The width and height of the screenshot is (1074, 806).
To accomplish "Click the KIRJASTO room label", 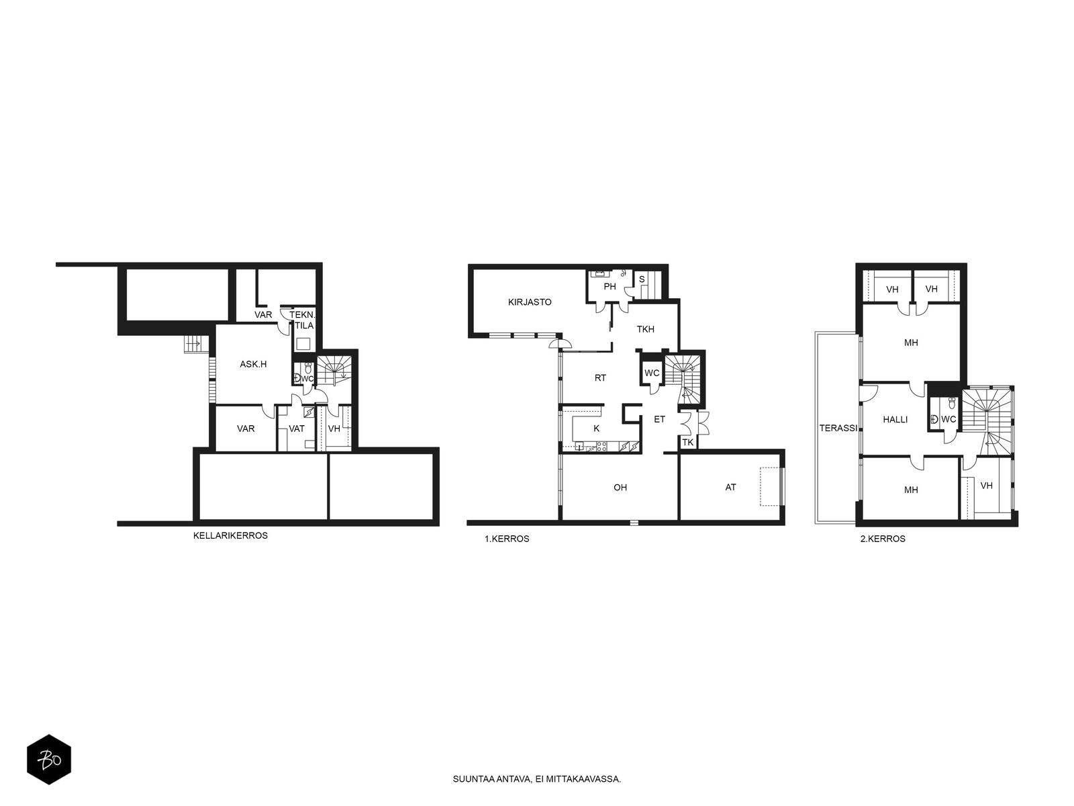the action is [x=530, y=302].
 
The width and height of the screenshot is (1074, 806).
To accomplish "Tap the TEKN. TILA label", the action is [x=302, y=320].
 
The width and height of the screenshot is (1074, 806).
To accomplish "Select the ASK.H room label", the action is [x=253, y=364].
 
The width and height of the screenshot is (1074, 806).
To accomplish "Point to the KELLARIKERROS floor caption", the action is [x=230, y=536].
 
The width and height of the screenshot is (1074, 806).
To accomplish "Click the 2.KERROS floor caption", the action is [x=883, y=539].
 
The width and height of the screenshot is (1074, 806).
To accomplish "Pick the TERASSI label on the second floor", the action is [x=838, y=429].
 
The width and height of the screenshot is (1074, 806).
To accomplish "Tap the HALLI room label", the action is [x=895, y=419].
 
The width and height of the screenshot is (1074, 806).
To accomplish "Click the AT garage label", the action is [x=730, y=488].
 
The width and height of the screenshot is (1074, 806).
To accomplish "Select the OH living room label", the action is [x=620, y=488].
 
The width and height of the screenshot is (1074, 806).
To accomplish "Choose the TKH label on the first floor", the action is [x=645, y=329].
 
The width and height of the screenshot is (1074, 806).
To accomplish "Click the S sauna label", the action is [x=642, y=279].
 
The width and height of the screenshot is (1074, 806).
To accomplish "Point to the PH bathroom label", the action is [x=609, y=287].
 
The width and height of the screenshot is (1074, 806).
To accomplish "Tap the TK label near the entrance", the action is [x=688, y=443].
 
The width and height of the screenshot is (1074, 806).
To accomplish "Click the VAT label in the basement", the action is [x=297, y=429].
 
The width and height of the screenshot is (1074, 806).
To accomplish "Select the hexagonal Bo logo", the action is [x=49, y=760].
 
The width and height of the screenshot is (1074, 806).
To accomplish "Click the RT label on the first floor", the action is [x=600, y=377].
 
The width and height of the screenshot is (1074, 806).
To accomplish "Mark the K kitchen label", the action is [x=597, y=429].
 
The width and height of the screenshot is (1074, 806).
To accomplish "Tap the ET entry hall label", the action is [x=660, y=419].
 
